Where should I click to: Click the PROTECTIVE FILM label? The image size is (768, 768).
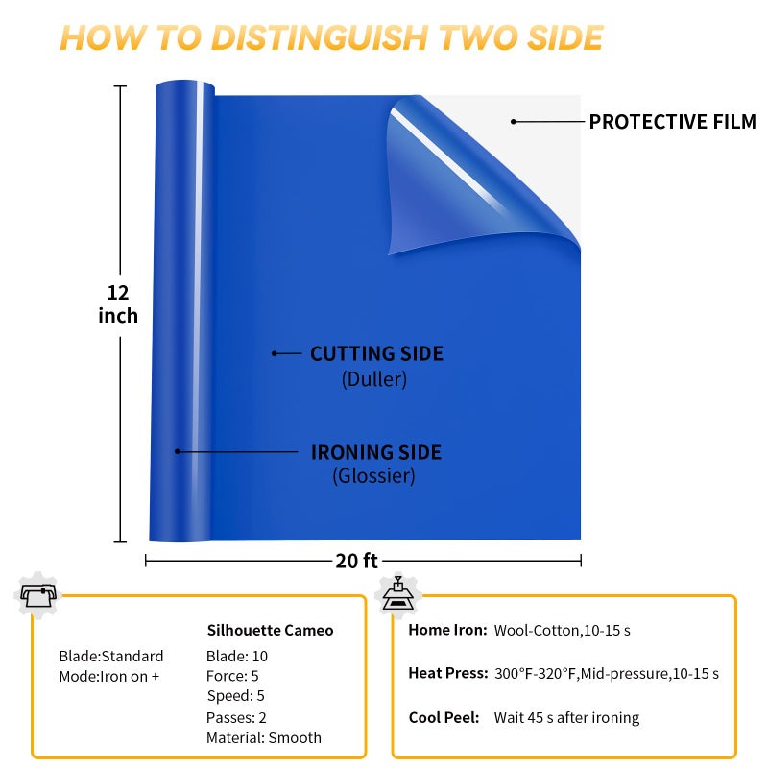(672, 122)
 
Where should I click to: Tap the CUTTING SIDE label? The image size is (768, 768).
(376, 353)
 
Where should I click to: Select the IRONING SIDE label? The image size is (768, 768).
(376, 452)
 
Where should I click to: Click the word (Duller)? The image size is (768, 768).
(374, 379)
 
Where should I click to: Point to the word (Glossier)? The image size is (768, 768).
(373, 475)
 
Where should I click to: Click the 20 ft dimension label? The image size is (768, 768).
(356, 561)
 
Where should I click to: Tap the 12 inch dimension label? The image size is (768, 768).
(118, 304)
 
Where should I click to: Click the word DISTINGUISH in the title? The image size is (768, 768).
(321, 37)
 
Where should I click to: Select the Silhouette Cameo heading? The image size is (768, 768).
(270, 630)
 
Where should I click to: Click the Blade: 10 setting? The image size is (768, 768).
(237, 656)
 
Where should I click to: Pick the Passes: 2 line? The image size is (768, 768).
(236, 717)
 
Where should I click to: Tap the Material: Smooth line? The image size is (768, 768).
(263, 737)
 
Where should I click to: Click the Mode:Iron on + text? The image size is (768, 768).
(109, 677)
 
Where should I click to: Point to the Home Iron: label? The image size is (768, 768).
(447, 630)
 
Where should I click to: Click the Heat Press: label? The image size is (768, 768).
(448, 674)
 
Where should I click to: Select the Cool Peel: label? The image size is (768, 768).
(444, 717)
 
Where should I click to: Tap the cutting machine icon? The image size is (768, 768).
(37, 594)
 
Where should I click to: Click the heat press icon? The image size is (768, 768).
(398, 594)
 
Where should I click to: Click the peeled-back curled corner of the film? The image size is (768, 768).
(470, 177)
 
